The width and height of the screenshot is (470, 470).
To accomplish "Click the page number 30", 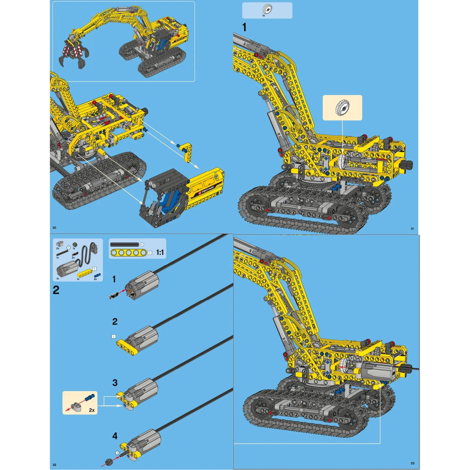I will point(54,228).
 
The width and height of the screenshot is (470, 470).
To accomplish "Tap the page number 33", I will point(412,463).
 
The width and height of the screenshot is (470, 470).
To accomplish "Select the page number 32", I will point(54,465).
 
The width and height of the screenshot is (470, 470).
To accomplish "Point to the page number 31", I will point(412,229).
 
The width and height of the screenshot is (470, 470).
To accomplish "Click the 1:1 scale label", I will point(160,252).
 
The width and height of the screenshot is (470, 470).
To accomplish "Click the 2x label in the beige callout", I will point(92,410).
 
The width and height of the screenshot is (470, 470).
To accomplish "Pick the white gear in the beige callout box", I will point(342,108).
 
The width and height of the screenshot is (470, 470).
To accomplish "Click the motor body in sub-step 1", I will point(142,285).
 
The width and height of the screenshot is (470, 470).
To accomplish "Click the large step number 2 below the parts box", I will point(56,290).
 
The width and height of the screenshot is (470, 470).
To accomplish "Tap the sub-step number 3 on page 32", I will point(115,383).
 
